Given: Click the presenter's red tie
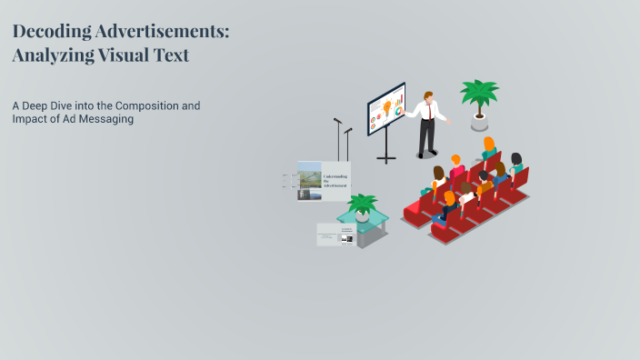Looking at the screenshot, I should click(428, 110).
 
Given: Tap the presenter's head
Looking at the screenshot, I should click(428, 95).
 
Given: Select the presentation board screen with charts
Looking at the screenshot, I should click(386, 109).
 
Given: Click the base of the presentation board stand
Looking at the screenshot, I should click(386, 159).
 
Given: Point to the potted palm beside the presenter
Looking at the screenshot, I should click(478, 100).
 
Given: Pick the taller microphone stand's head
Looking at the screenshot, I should click(337, 121).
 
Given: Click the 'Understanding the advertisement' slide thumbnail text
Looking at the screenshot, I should click(335, 177).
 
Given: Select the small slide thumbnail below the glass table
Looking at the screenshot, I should click(335, 235).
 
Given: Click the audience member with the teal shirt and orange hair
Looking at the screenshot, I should click(490, 150).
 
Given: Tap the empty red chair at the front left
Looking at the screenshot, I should click(415, 210).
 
